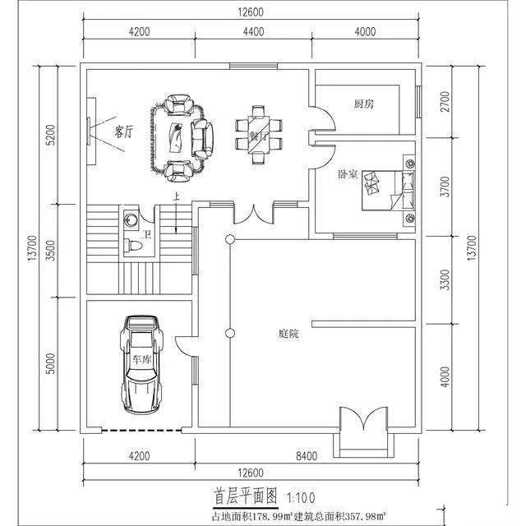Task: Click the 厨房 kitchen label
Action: click(x=364, y=104)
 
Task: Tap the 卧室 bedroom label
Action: click(x=348, y=175)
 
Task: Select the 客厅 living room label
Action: click(x=124, y=131)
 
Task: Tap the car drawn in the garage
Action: click(x=141, y=365)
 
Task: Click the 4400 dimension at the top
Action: click(x=253, y=32)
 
